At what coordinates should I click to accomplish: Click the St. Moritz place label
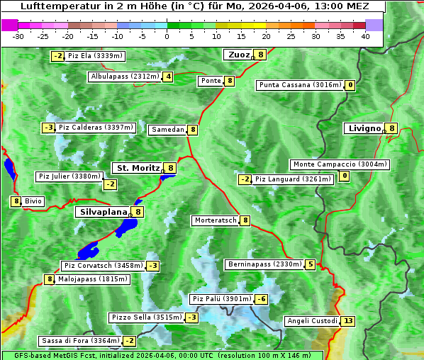coord(138,168)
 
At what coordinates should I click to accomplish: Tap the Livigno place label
coord(364,128)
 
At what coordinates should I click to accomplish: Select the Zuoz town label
coord(238,55)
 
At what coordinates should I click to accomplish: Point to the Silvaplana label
coord(103,211)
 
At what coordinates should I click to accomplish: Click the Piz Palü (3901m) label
coord(221,299)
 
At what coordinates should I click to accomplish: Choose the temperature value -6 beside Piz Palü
coord(261,299)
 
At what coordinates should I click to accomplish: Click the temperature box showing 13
coord(347,321)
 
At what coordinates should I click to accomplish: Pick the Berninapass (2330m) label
coord(264,264)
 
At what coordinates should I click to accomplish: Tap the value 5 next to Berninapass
coord(310,264)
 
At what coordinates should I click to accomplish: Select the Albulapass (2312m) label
coord(124,77)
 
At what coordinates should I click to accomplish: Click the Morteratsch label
coord(215,220)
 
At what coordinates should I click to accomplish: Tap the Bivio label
coord(33,201)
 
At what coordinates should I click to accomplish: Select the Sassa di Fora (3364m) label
coord(79,341)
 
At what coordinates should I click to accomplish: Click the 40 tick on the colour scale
coord(365,36)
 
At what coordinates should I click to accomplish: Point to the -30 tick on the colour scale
coord(18,36)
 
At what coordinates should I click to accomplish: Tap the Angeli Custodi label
coord(311,321)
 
